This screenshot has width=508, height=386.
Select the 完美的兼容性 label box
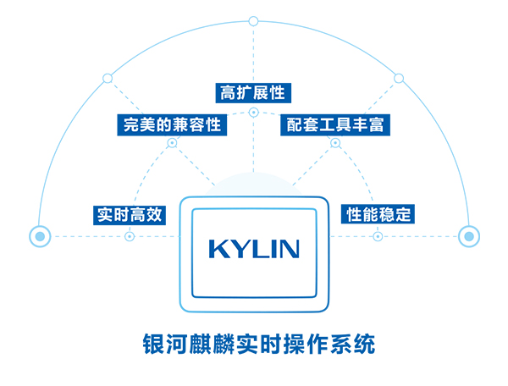click(x=171, y=125)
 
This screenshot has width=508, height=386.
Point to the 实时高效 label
click(x=129, y=214)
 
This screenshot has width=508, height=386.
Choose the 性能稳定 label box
click(x=378, y=214)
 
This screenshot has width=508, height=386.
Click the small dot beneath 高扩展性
click(x=252, y=112)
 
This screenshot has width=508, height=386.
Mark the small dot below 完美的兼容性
click(x=171, y=144)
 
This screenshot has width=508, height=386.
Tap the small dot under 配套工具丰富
click(x=334, y=144)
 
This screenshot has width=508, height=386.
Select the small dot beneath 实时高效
click(x=130, y=236)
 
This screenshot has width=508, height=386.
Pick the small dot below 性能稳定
click(x=378, y=236)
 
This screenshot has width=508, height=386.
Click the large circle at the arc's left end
click(x=39, y=236)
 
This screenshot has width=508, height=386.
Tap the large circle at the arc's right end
click(x=468, y=236)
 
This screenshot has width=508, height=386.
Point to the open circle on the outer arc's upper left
click(x=107, y=79)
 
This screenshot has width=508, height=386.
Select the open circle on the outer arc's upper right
click(x=399, y=79)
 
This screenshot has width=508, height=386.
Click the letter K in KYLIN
click(x=217, y=249)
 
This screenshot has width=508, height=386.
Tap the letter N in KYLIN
click(x=290, y=249)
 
